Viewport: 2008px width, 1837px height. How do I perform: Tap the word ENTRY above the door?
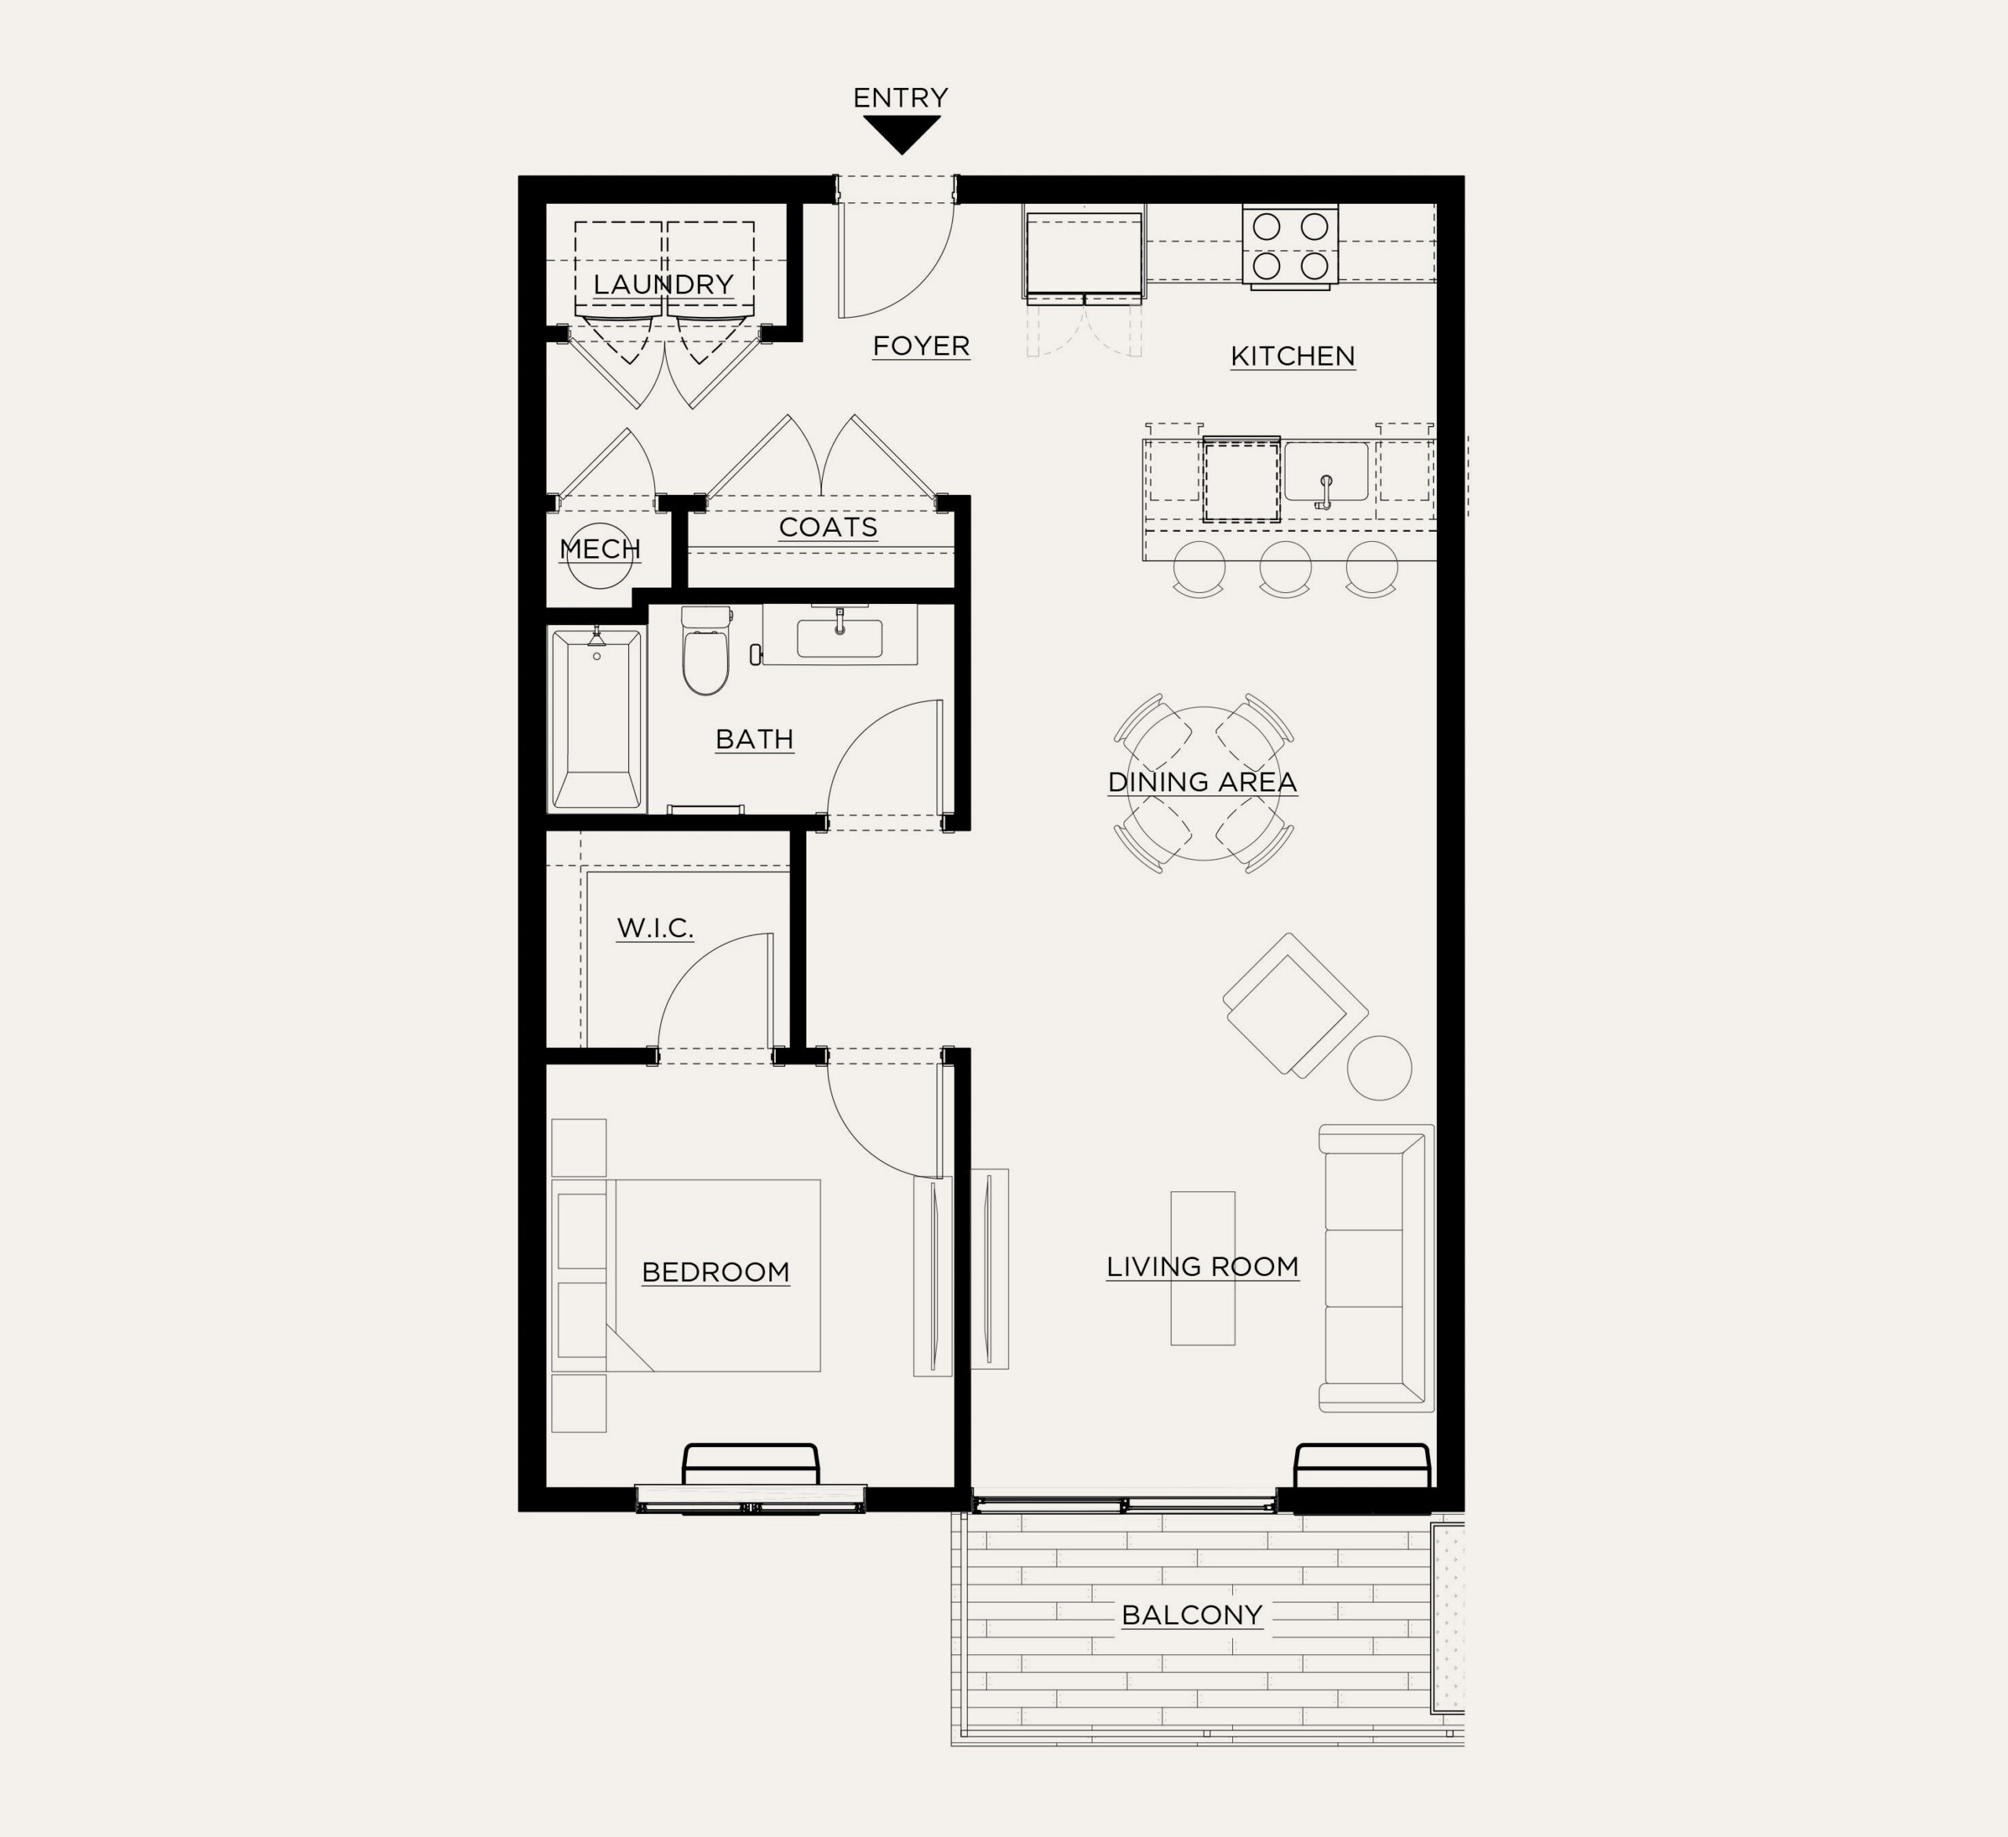click(x=900, y=97)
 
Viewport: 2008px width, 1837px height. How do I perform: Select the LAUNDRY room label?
click(x=664, y=284)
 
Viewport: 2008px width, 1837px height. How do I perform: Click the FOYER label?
click(x=922, y=346)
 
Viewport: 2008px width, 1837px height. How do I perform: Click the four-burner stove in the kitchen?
click(x=1290, y=246)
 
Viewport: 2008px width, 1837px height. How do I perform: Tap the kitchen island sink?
click(x=1326, y=472)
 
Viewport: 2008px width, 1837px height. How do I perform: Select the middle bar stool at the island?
click(x=1285, y=569)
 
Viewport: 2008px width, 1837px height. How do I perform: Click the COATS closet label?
click(x=828, y=527)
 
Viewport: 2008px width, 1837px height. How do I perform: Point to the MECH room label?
click(x=599, y=549)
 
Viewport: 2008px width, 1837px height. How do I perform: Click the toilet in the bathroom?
click(x=706, y=649)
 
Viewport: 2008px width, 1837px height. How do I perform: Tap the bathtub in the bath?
click(x=597, y=718)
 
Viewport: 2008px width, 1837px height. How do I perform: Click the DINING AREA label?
click(x=1202, y=782)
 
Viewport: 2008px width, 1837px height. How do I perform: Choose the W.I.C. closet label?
click(x=654, y=929)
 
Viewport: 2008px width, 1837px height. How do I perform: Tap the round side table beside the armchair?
click(x=1380, y=1068)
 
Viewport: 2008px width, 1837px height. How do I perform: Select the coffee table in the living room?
click(x=1202, y=1268)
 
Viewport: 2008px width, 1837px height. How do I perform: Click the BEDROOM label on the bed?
click(x=715, y=1272)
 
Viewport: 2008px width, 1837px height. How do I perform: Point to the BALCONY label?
click(x=1192, y=1615)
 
